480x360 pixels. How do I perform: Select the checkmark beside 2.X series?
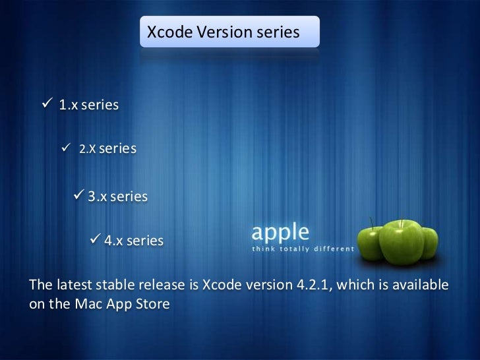66,149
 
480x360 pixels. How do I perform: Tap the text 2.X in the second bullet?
88,150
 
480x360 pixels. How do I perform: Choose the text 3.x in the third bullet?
98,196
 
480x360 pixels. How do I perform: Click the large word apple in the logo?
280,233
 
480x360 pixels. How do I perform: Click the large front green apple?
394,241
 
